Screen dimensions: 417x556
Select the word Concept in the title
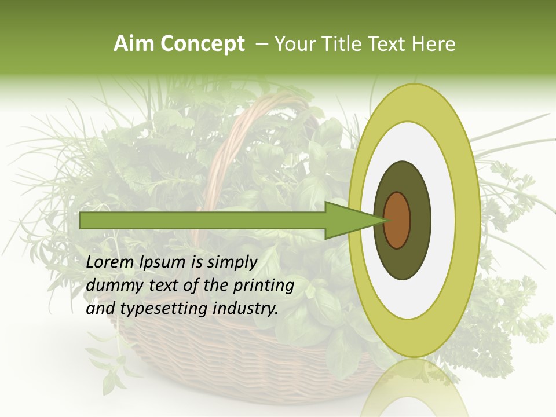(x=202, y=44)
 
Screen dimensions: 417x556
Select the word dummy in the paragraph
(x=112, y=286)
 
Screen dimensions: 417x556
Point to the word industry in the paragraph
(x=246, y=309)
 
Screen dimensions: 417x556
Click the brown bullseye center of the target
(x=397, y=220)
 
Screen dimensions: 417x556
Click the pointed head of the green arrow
(x=353, y=220)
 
